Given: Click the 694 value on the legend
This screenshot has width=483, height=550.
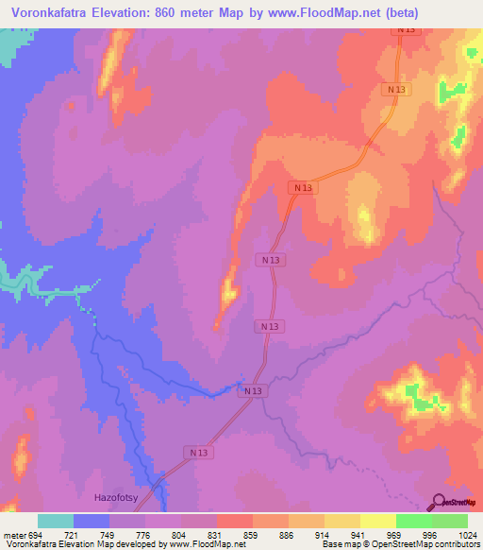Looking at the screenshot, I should coord(39,534).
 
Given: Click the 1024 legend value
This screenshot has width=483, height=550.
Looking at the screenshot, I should coord(464,534).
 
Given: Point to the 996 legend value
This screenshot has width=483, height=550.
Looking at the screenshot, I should coord(431,534).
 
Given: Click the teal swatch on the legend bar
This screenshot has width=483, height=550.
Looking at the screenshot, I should coord(56,521).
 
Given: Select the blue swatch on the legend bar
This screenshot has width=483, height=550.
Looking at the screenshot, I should coord(92,521).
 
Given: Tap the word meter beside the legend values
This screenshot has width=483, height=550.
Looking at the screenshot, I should coord(14,534).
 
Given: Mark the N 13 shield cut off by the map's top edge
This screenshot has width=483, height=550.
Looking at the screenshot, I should coord(406,31).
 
